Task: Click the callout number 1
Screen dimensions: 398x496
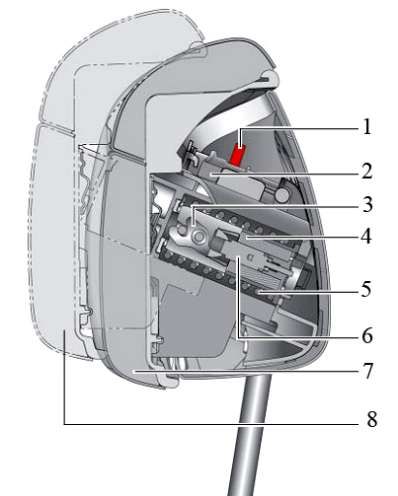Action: (367, 127)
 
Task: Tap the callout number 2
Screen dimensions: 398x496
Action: (367, 172)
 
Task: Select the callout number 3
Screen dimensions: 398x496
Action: (367, 205)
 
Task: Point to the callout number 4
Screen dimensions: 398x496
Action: (366, 237)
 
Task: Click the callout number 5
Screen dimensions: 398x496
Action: (366, 289)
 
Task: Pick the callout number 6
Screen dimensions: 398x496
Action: (367, 335)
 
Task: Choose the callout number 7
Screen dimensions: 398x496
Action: (367, 371)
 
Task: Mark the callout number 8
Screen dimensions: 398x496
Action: (371, 419)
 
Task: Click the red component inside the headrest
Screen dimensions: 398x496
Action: (238, 156)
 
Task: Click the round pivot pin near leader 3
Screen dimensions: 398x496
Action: (199, 237)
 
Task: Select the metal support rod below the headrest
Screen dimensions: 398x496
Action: (249, 434)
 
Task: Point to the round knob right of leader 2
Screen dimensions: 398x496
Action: (282, 194)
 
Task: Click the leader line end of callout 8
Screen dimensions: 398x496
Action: (64, 330)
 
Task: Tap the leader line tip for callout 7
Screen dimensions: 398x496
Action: (133, 371)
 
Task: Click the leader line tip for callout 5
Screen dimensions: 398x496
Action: (259, 291)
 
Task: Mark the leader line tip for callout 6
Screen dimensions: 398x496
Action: (238, 258)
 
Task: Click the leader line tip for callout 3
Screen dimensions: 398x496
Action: (193, 226)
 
